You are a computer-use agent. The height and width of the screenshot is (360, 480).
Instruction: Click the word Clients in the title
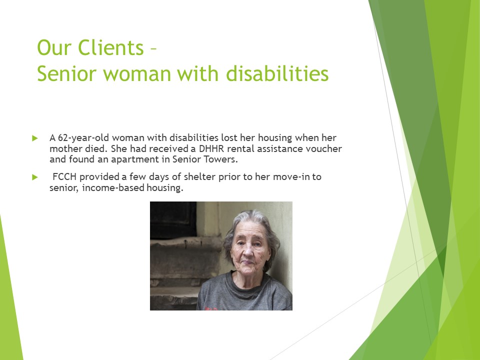tap(111, 48)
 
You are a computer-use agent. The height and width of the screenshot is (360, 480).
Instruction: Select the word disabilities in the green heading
tap(277, 73)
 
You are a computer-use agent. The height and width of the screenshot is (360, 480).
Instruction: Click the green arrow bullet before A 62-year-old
tap(35, 137)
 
